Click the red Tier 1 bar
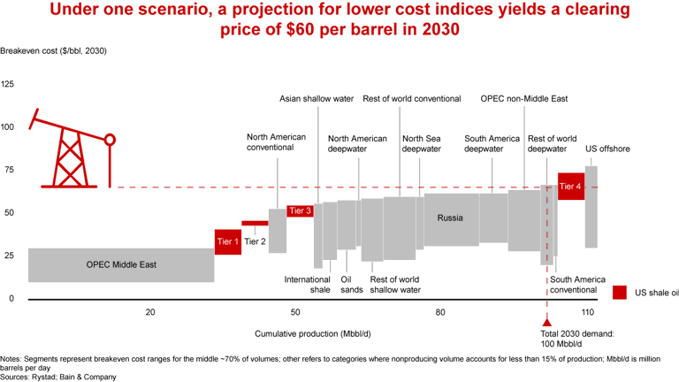click(228, 241)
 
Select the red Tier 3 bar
click(300, 210)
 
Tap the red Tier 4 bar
click(571, 187)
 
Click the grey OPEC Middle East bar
click(121, 264)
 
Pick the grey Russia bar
click(451, 219)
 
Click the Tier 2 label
click(256, 241)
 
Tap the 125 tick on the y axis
click(7, 84)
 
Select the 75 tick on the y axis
click(7, 170)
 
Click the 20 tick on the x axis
click(150, 312)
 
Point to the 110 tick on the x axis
click(586, 312)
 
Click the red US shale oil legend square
click(619, 293)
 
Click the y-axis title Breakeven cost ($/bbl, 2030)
click(53, 50)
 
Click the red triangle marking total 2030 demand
click(546, 323)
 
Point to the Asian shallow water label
click(317, 99)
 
